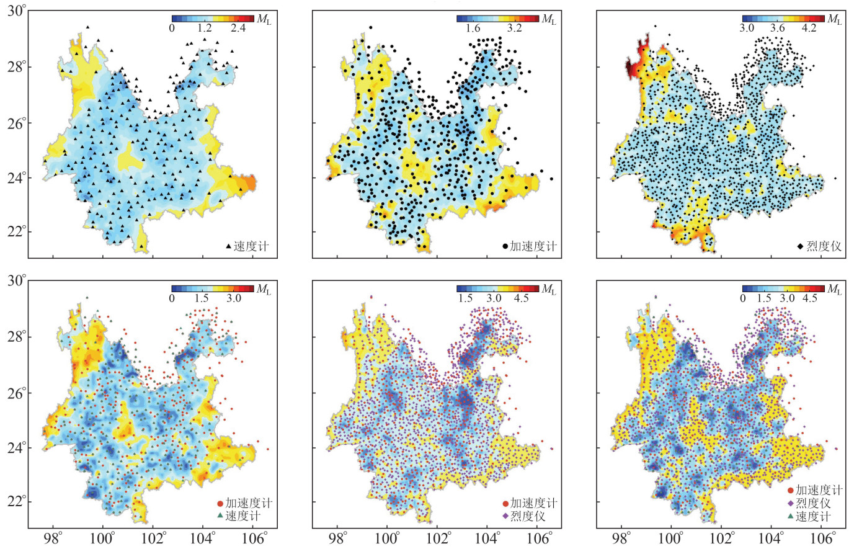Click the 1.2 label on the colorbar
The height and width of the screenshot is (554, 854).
click(x=205, y=29)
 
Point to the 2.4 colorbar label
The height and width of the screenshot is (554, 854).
click(x=239, y=29)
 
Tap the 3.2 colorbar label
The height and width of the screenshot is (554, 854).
click(x=515, y=29)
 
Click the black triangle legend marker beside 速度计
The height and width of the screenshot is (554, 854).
click(x=229, y=246)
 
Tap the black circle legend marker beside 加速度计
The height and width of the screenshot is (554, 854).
click(x=505, y=246)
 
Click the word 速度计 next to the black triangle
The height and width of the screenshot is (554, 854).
click(x=251, y=246)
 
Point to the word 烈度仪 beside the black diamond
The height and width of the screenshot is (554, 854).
click(x=824, y=246)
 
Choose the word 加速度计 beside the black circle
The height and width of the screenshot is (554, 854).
click(x=533, y=246)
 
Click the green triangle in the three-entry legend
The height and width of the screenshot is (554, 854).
click(x=790, y=517)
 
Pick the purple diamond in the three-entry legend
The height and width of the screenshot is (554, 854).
click(x=790, y=504)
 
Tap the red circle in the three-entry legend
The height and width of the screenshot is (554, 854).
click(x=790, y=491)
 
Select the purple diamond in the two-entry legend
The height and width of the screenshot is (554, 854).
click(x=505, y=516)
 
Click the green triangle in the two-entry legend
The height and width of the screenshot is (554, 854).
click(x=220, y=516)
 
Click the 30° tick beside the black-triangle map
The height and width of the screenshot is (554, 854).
click(x=17, y=11)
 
